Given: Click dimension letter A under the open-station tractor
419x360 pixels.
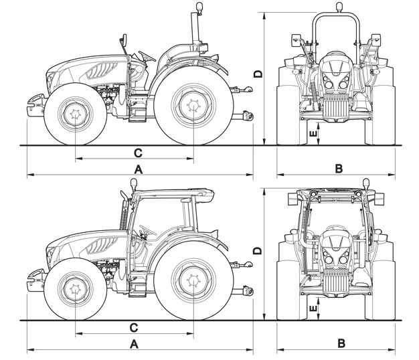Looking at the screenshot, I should [138, 169].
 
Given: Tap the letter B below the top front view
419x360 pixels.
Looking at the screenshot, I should [339, 169].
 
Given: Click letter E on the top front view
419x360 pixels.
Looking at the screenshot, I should [313, 134].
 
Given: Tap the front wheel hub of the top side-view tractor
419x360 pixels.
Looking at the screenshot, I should [75, 113].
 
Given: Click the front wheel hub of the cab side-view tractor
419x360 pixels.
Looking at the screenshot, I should [75, 289].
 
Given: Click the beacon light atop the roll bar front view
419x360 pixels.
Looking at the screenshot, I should [339, 8].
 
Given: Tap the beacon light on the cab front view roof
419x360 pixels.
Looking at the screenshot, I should [365, 182].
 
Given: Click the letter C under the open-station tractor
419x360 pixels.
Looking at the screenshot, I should [138, 151].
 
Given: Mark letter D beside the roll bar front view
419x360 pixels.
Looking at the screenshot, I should [257, 73].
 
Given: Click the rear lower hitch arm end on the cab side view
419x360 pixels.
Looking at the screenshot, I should [249, 291].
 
